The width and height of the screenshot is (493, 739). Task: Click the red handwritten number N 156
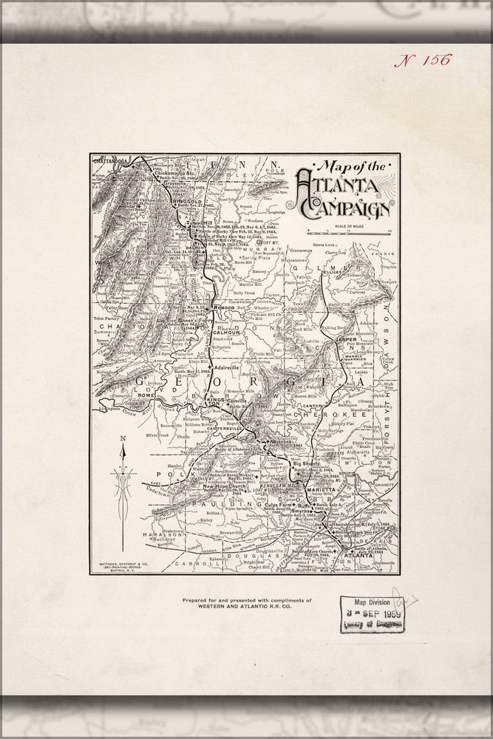tap(422, 61)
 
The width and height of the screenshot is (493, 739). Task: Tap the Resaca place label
tap(223, 305)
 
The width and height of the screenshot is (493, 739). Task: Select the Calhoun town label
tap(225, 333)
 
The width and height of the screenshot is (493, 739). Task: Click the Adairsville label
tap(227, 367)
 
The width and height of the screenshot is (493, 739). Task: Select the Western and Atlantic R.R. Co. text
tap(247, 608)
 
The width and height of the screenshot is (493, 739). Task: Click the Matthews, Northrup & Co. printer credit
tap(121, 565)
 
